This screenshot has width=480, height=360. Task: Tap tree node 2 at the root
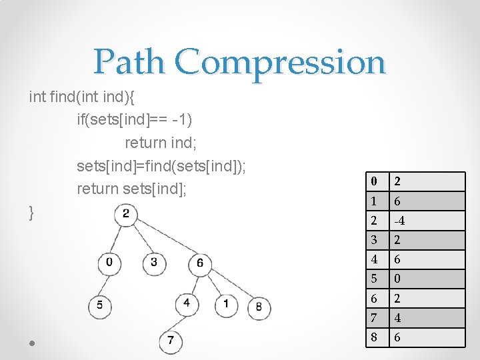125,215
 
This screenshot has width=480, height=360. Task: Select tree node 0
109,263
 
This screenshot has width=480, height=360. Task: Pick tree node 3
154,263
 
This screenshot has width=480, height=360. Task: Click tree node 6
200,263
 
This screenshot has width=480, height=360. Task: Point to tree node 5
100,305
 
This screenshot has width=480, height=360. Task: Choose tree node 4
187,304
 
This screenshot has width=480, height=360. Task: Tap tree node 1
226,304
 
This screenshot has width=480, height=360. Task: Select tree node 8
259,307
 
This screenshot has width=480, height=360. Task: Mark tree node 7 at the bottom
171,341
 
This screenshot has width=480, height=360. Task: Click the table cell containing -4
427,221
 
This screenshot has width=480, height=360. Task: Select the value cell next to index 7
427,318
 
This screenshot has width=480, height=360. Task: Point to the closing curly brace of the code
32,213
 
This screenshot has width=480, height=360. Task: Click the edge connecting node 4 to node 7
179,323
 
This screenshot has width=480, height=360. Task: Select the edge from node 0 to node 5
105,284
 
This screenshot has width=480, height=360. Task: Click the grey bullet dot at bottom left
33,343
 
